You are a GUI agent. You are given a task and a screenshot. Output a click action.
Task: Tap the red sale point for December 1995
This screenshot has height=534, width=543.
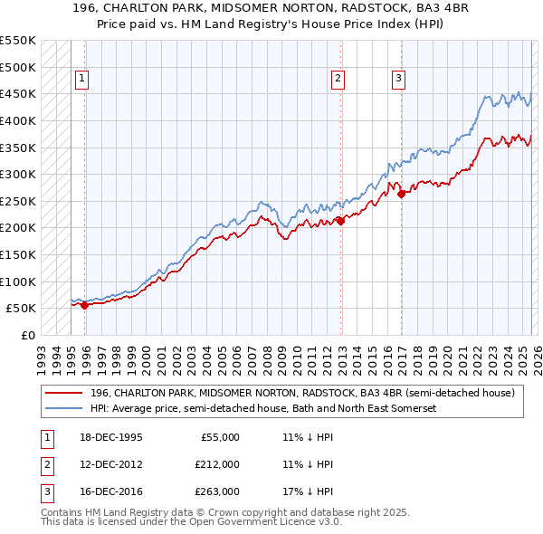[x=85, y=306]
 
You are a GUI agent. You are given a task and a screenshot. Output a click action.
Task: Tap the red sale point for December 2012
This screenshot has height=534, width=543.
[x=340, y=221]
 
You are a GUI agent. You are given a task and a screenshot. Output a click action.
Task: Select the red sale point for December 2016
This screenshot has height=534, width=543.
[x=401, y=194]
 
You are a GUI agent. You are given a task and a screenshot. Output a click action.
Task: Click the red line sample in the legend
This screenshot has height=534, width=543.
[x=64, y=393]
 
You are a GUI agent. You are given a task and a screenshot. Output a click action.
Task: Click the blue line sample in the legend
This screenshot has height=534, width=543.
[x=64, y=408]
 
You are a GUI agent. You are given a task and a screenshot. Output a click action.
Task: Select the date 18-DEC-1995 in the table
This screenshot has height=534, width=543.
[x=111, y=437]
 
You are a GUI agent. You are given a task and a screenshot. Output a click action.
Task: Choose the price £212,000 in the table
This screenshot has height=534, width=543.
[x=216, y=464]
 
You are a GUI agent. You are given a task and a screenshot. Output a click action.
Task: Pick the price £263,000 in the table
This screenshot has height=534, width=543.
[x=216, y=492]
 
